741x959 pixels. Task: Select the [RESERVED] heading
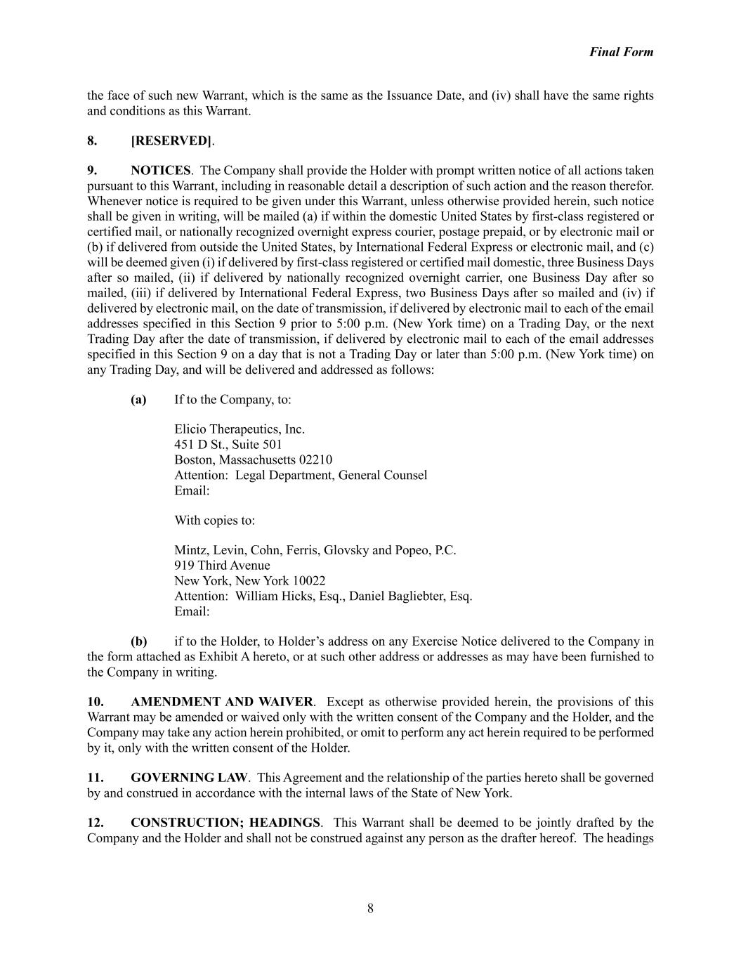(171, 141)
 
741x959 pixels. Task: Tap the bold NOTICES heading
(160, 171)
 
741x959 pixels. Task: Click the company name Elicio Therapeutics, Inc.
(239, 429)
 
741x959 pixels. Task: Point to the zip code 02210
(315, 460)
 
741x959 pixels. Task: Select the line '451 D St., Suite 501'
(228, 445)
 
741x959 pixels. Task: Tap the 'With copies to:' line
(214, 521)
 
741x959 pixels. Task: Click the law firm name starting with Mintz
(315, 550)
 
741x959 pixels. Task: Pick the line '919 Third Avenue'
(222, 566)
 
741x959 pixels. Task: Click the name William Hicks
(269, 596)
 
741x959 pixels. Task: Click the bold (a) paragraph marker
(138, 400)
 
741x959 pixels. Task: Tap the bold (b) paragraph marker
(138, 641)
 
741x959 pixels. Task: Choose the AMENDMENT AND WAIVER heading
(221, 702)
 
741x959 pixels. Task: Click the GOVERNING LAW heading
(189, 778)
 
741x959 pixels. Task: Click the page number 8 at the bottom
(370, 908)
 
